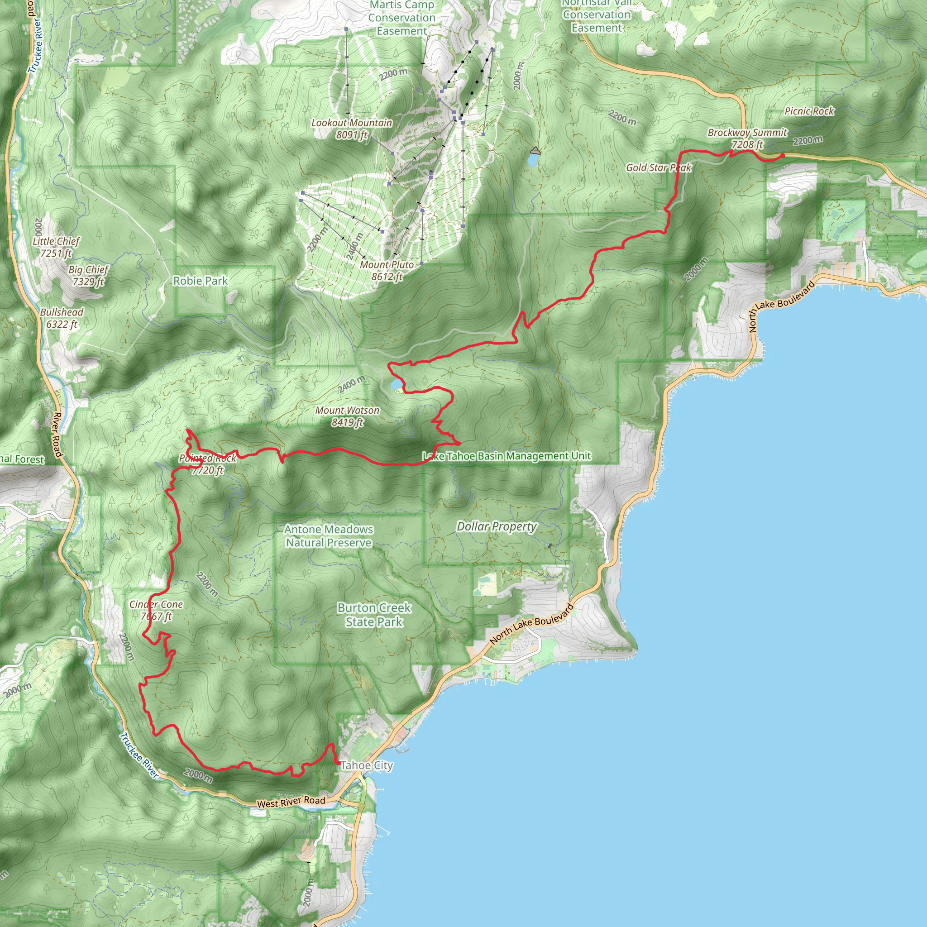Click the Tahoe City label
click(x=367, y=765)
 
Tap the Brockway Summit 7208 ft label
click(x=747, y=138)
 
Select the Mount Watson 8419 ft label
click(x=347, y=416)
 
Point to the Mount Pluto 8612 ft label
click(x=387, y=270)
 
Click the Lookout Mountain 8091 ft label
click(x=351, y=129)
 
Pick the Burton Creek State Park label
click(x=374, y=615)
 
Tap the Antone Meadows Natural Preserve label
click(x=328, y=536)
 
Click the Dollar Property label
click(x=496, y=526)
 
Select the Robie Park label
click(x=200, y=281)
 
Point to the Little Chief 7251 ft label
click(x=56, y=247)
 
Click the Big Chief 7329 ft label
click(x=88, y=275)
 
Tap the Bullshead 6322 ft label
click(x=62, y=318)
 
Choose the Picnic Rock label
click(x=809, y=111)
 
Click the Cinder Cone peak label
click(x=156, y=610)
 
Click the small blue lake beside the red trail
click(x=396, y=384)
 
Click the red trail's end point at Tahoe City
click(x=339, y=763)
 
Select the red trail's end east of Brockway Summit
click(x=783, y=155)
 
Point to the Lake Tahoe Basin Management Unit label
click(x=507, y=456)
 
